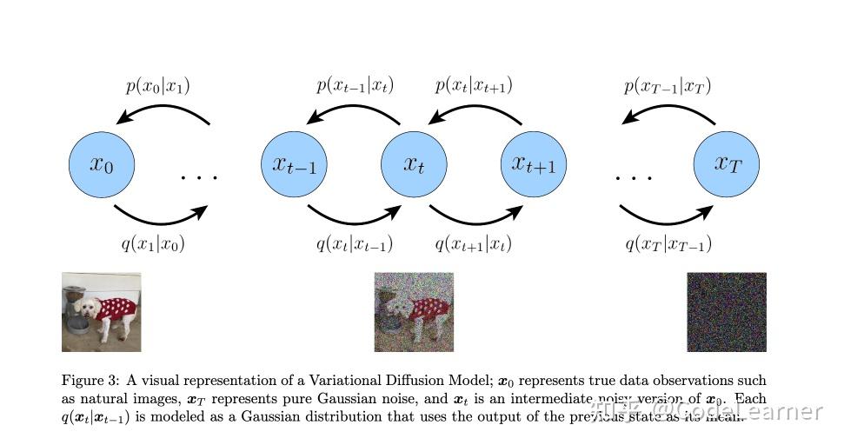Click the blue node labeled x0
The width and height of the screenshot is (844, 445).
coord(103,164)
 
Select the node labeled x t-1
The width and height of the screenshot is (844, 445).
coord(294,164)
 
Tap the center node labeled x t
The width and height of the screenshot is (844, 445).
coord(414,164)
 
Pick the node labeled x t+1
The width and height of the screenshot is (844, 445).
coord(534,164)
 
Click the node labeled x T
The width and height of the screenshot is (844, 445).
coord(726,164)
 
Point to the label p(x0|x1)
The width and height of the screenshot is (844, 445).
coord(157,86)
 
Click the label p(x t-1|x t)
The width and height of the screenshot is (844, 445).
coord(355,86)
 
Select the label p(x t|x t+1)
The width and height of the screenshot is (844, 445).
coord(474,86)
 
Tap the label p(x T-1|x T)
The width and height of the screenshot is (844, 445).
coord(668,86)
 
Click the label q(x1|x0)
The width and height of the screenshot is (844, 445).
coord(153,244)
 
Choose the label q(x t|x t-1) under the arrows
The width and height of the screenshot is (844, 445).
coord(355,244)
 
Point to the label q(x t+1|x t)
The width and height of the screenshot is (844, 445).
coord(474,244)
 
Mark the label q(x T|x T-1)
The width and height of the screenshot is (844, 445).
coord(668,244)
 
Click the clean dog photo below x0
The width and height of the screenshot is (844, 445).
coord(101,312)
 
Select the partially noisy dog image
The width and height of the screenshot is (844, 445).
coord(414,312)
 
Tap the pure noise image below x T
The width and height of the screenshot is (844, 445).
coord(727,312)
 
